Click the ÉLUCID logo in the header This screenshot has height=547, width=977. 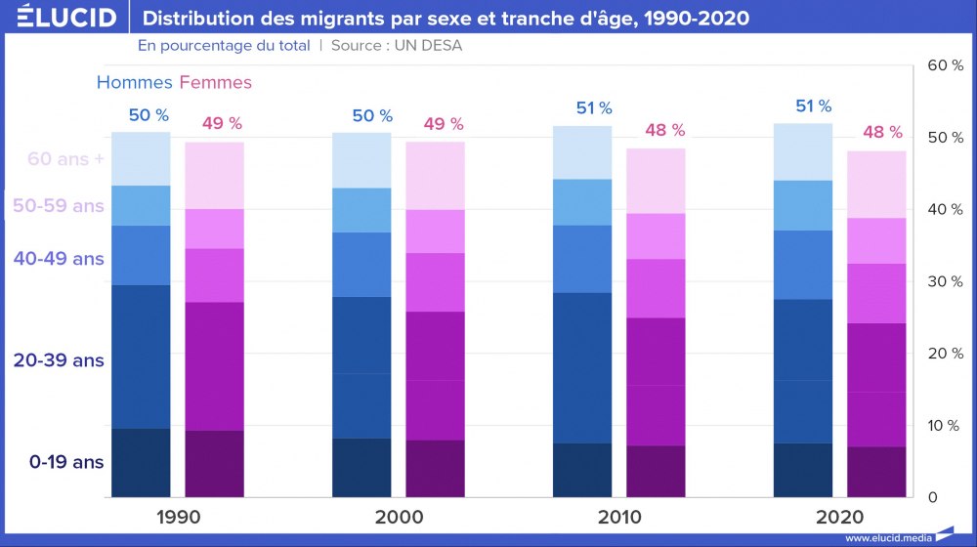(65, 18)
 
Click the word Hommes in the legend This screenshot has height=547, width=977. (134, 83)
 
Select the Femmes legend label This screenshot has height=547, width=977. (216, 83)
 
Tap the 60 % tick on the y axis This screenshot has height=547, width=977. (945, 65)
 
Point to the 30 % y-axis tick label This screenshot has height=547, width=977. (945, 281)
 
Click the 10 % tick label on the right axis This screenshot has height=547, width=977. (945, 426)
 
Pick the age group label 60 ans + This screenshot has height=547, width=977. (65, 159)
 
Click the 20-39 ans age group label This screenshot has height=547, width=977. (59, 360)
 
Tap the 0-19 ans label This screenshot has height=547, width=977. (65, 461)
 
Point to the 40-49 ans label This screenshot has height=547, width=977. (59, 259)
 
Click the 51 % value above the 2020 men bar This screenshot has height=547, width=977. (813, 106)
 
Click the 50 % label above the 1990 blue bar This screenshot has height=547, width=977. (149, 115)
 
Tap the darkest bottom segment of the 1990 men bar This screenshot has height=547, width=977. (141, 463)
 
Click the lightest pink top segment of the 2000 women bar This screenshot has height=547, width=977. (435, 176)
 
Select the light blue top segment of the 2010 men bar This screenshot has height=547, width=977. (582, 152)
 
